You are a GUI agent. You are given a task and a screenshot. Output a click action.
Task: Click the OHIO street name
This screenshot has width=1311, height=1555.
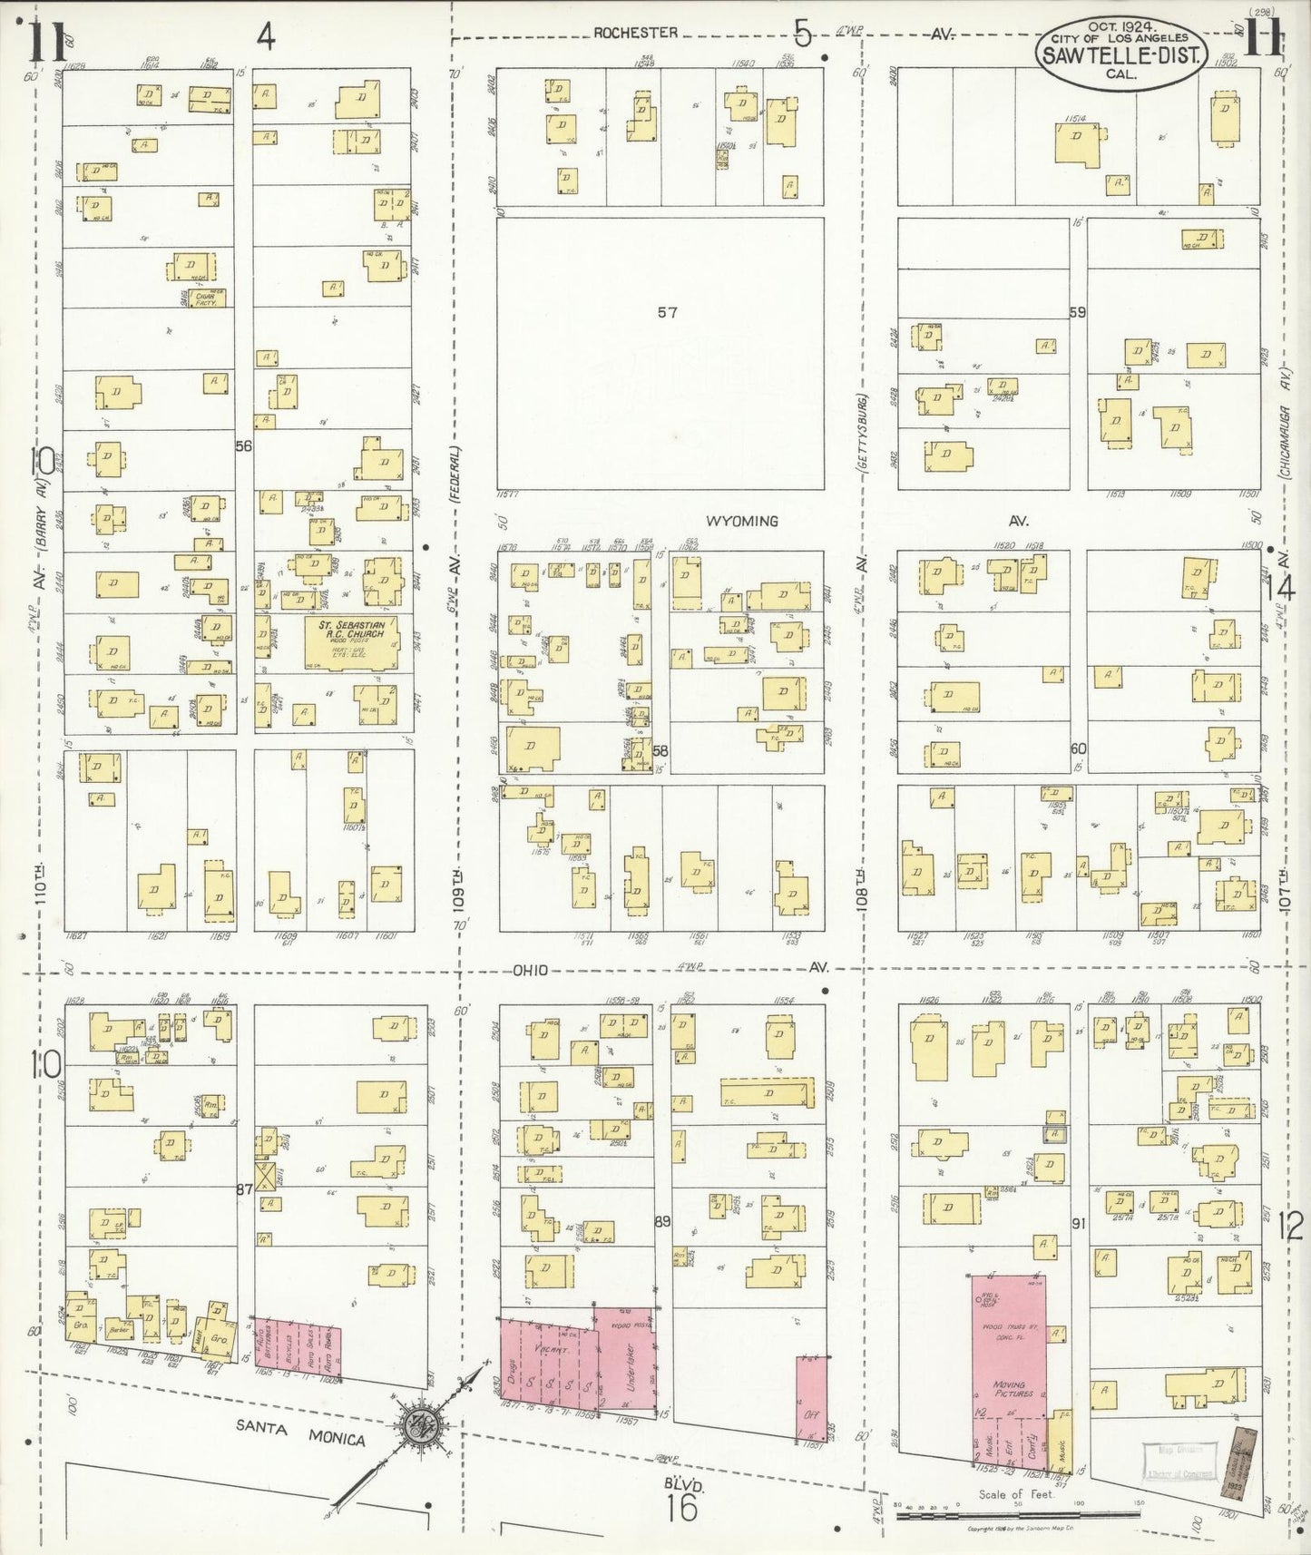[530, 971]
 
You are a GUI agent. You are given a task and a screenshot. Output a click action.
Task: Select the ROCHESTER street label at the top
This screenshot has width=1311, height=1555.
[636, 33]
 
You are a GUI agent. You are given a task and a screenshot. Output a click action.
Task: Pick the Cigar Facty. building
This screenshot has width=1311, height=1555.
[203, 297]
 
